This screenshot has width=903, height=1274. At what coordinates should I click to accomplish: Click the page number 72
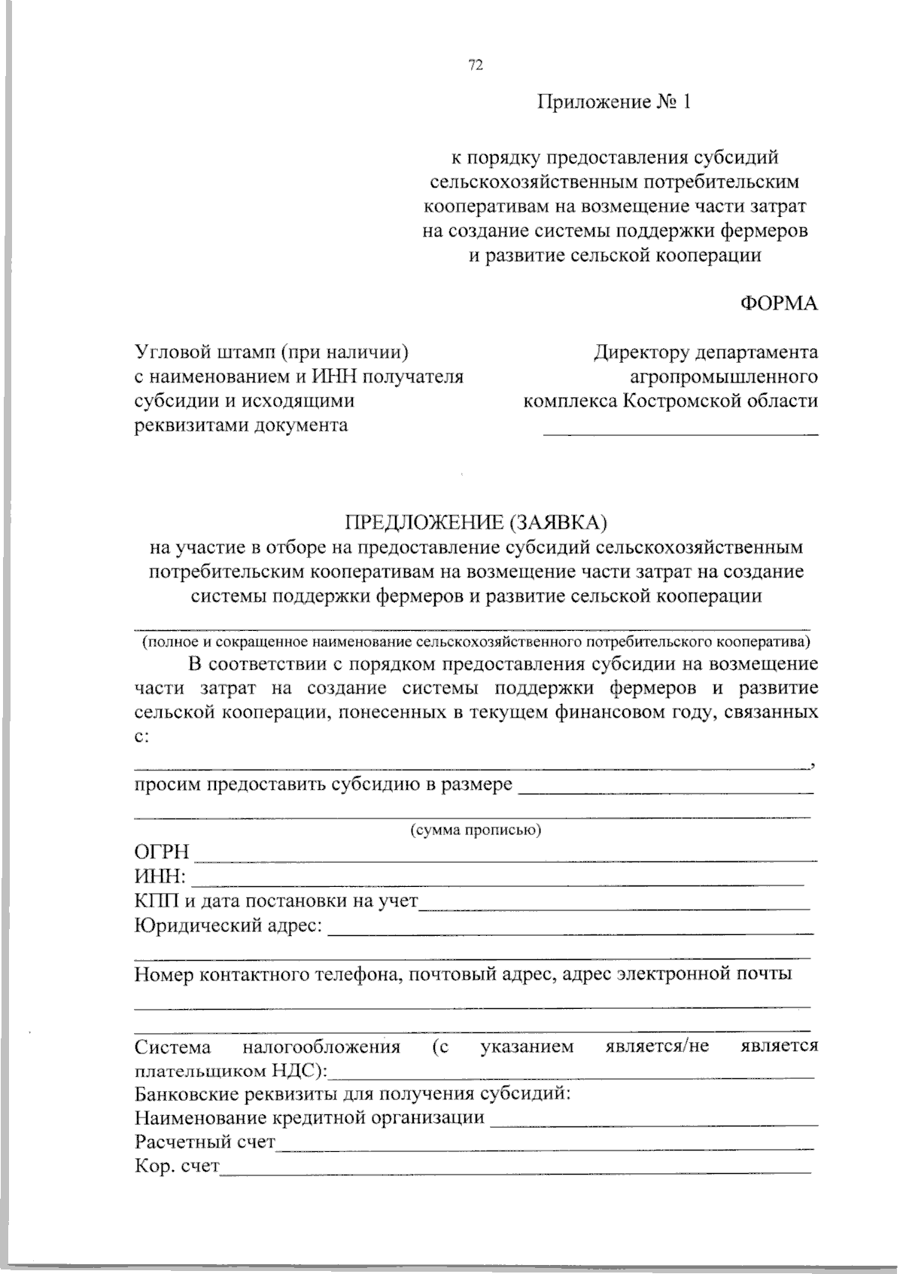tap(475, 66)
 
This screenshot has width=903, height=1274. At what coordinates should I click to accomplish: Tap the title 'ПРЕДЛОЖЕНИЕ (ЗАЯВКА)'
tap(475, 522)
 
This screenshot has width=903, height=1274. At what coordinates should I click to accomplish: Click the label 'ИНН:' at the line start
tap(160, 877)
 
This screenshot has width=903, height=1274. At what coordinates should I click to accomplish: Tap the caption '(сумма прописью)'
tap(476, 831)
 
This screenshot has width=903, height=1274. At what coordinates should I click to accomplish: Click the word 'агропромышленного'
tap(724, 376)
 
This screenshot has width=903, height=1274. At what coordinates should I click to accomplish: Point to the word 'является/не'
tap(657, 1047)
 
